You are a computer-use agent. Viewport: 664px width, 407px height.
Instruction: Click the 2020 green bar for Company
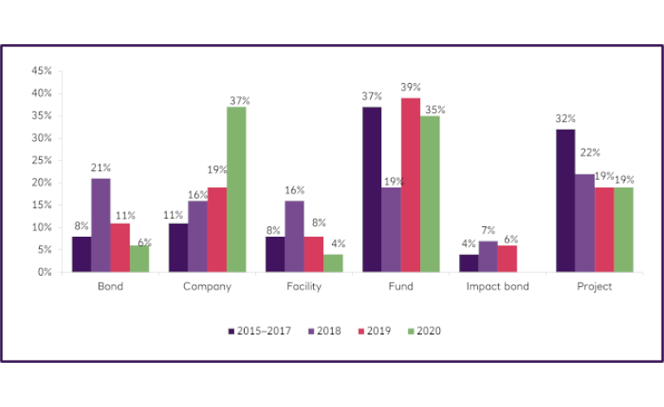pyautogui.click(x=237, y=190)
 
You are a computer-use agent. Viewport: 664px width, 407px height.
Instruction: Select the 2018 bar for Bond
pyautogui.click(x=100, y=226)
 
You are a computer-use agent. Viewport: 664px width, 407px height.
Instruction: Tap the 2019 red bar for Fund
pyautogui.click(x=410, y=185)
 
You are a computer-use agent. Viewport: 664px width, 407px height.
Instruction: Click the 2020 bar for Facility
pyautogui.click(x=334, y=264)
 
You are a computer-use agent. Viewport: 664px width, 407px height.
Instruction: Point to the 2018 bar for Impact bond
pyautogui.click(x=488, y=257)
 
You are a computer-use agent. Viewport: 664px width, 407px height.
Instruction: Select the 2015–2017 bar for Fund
pyautogui.click(x=372, y=189)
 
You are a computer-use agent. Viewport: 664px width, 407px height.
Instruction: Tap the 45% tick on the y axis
pyautogui.click(x=41, y=71)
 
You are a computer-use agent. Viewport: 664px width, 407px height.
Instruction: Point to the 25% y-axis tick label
pyautogui.click(x=41, y=161)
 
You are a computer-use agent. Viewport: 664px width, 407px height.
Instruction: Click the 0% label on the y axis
pyautogui.click(x=44, y=272)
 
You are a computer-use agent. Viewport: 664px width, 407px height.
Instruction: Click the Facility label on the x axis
pyautogui.click(x=305, y=287)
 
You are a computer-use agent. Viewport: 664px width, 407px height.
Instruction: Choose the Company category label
pyautogui.click(x=208, y=287)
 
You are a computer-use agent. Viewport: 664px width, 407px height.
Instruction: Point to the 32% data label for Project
pyautogui.click(x=565, y=118)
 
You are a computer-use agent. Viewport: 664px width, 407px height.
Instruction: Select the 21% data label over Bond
pyautogui.click(x=101, y=169)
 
